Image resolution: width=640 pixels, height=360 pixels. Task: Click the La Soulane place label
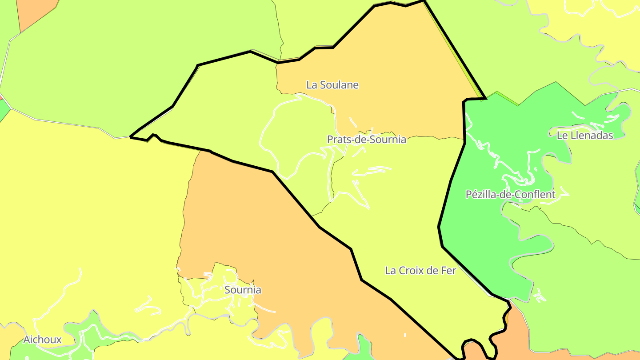tap(332, 85)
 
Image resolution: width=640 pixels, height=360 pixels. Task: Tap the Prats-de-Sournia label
tap(366, 140)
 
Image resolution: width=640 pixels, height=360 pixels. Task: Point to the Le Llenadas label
tap(584, 136)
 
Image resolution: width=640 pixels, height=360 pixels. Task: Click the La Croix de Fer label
tap(420, 270)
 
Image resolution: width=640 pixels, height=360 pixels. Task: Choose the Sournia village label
tap(243, 290)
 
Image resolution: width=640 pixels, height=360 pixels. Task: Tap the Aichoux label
tap(42, 340)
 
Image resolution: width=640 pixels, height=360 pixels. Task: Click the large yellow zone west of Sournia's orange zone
tap(89, 200)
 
